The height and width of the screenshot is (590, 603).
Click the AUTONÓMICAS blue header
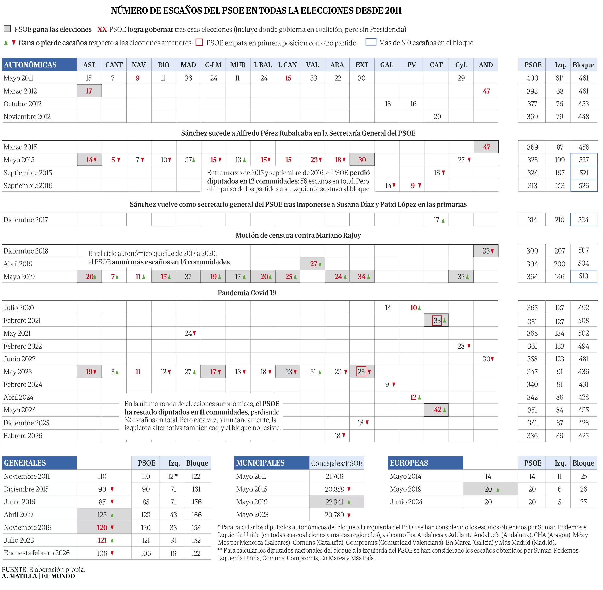pos(39,65)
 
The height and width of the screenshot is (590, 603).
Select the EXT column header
pos(362,65)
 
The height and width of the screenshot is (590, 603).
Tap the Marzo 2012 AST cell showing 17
pos(89,91)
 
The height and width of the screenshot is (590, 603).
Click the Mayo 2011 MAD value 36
pos(188,78)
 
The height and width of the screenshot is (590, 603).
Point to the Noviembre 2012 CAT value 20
pos(437,116)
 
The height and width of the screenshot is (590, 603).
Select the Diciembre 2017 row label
pos(26,220)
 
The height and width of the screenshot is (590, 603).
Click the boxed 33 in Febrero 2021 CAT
pos(437,320)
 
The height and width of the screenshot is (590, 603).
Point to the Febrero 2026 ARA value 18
pos(337,436)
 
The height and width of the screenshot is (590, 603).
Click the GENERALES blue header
pos(39,463)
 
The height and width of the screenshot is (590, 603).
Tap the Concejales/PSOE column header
pos(336,463)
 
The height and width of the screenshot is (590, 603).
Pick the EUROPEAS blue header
pos(425,463)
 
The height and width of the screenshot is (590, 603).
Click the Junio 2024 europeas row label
pos(406,502)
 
